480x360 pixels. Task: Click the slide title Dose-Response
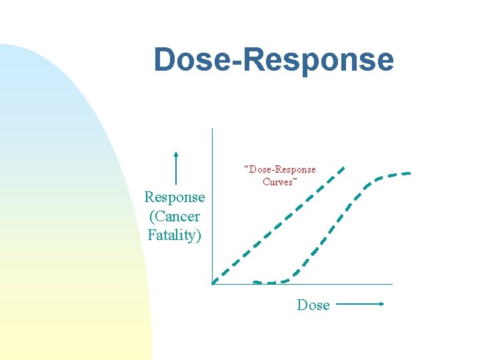coord(273,60)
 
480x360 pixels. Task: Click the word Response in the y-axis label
coord(175,197)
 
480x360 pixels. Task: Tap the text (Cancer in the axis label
coord(175,217)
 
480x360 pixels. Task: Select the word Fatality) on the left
coord(175,235)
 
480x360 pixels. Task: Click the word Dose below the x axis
coord(313,305)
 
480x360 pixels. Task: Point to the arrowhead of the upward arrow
coord(175,155)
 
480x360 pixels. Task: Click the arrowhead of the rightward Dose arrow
coord(382,305)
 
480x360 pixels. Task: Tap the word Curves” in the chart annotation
coord(280,182)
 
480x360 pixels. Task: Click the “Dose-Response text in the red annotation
coord(280,169)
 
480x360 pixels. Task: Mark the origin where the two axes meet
coord(212,284)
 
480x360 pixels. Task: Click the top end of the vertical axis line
coord(212,129)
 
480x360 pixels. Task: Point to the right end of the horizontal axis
coord(392,284)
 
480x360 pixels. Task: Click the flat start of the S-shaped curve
coord(267,283)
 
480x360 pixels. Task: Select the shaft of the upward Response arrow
coord(175,171)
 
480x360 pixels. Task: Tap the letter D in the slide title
coord(164,60)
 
